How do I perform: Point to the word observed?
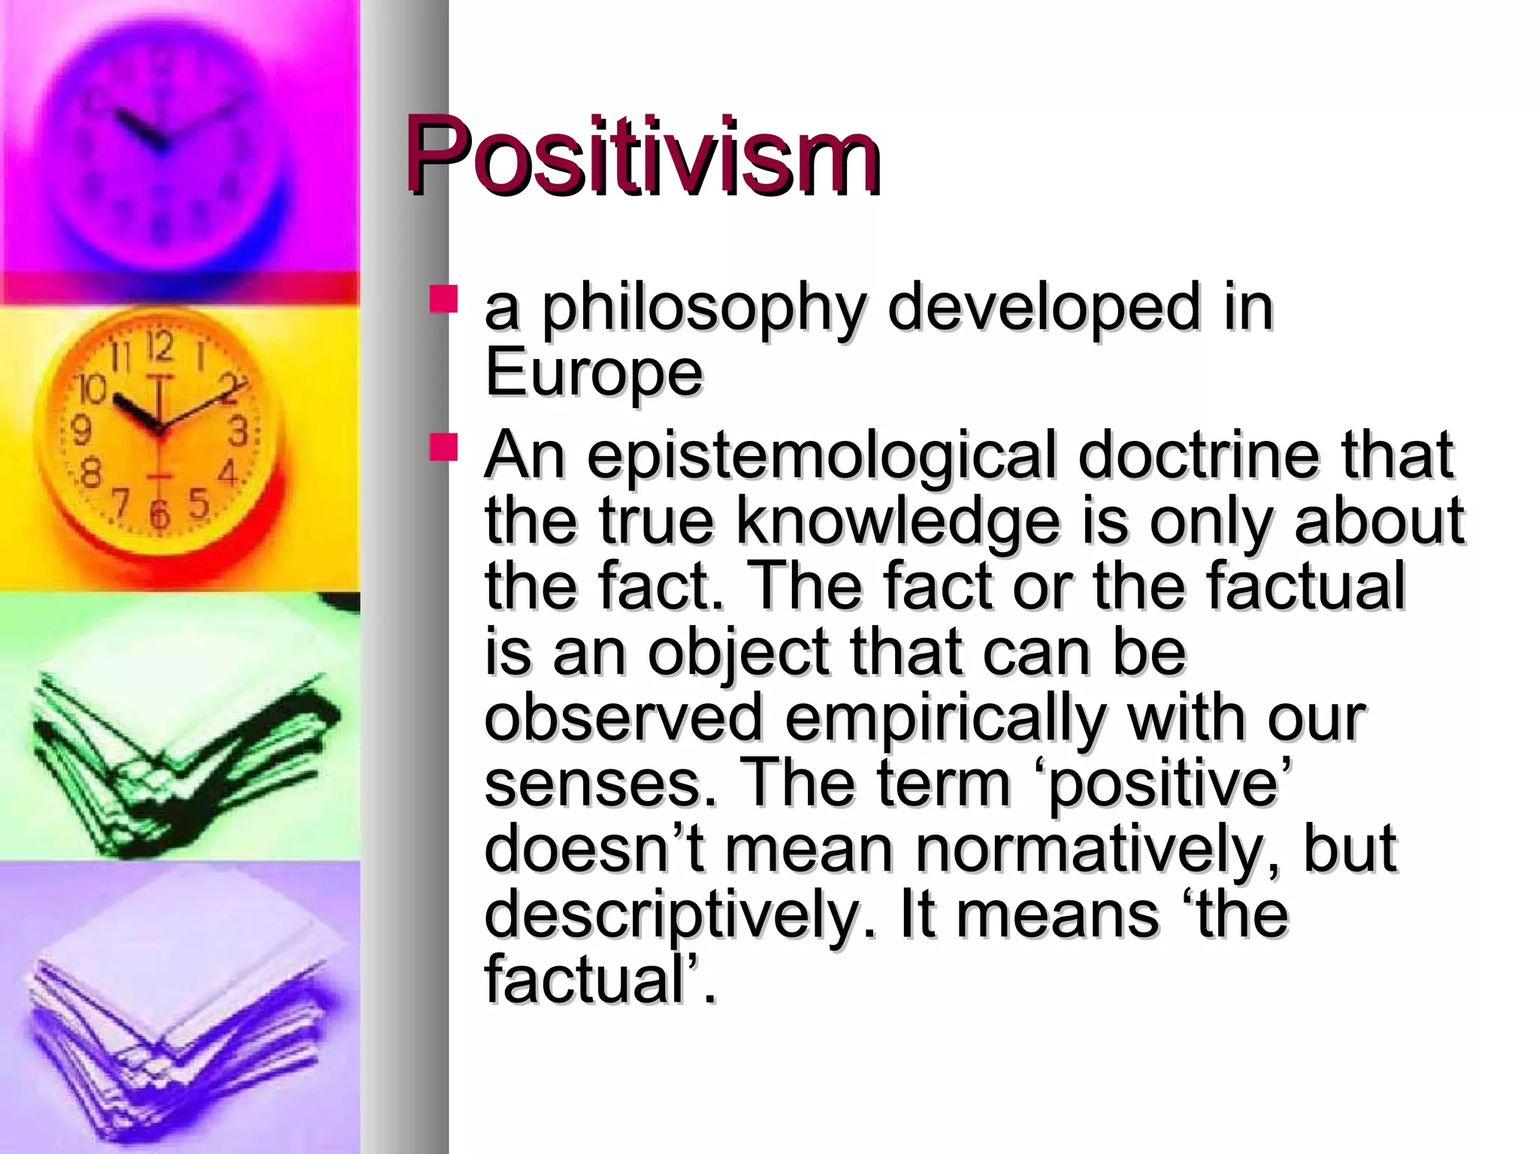(624, 717)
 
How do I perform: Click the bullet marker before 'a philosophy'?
(443, 299)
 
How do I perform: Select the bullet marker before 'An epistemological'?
(443, 447)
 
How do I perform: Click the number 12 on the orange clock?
(159, 346)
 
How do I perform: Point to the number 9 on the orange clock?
(81, 430)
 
